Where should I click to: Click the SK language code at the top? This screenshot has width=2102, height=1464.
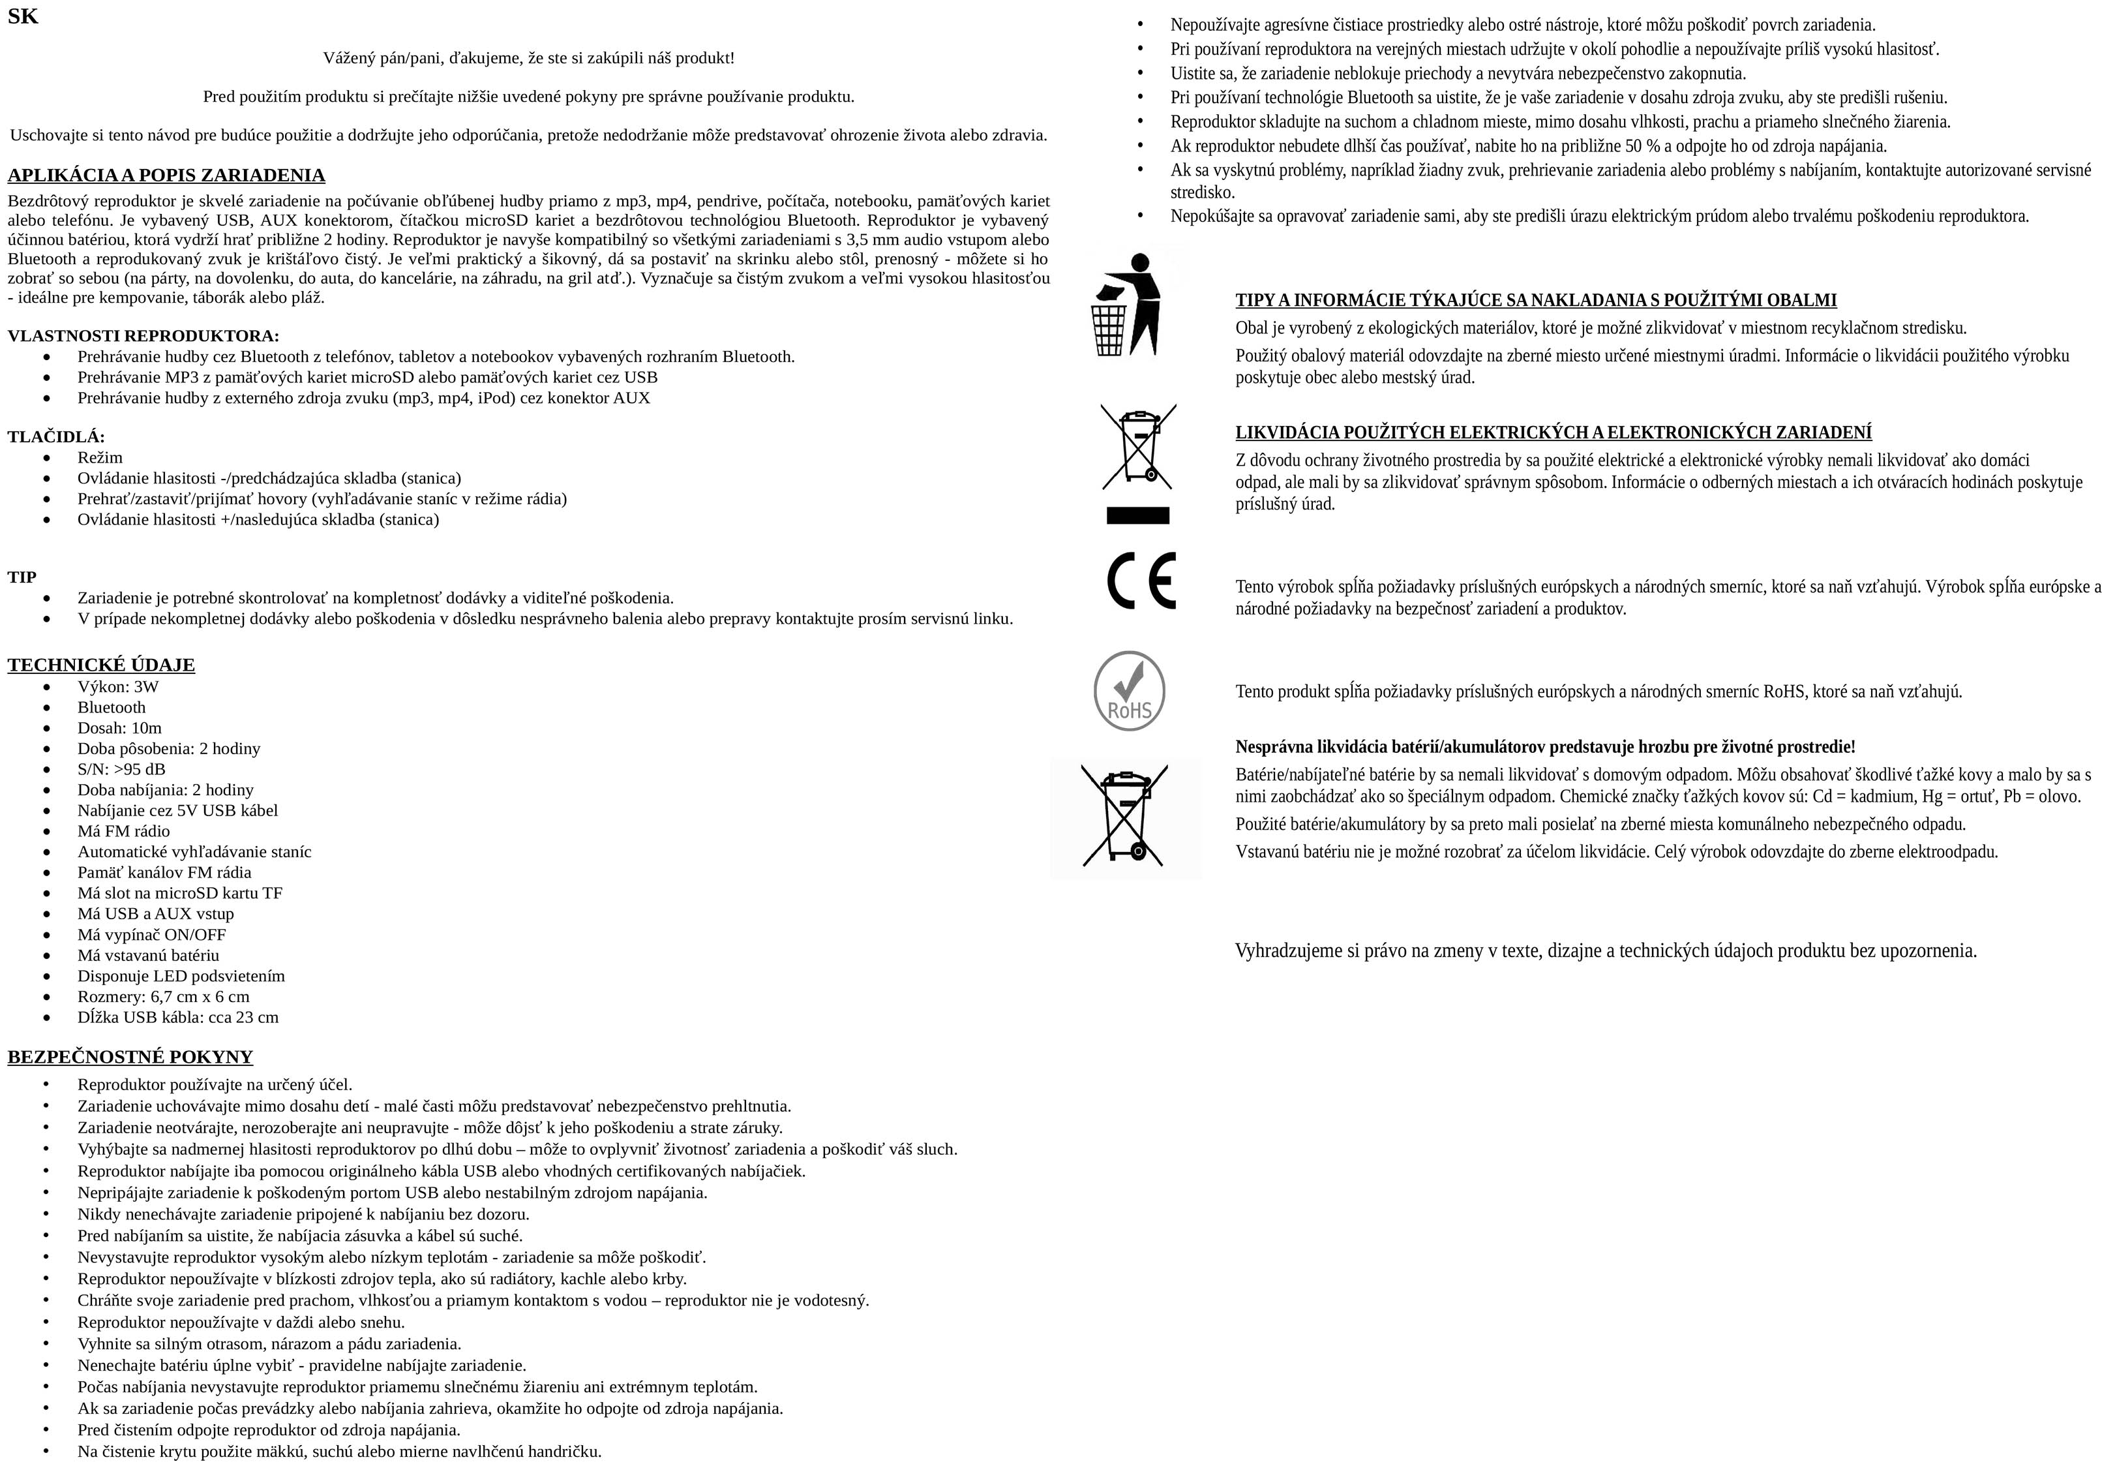(x=23, y=16)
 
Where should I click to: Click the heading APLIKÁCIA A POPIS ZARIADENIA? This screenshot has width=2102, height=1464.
(x=166, y=175)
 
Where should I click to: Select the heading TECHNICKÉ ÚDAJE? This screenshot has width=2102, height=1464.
(x=100, y=665)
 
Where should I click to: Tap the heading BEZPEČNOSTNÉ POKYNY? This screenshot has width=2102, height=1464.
(x=130, y=1056)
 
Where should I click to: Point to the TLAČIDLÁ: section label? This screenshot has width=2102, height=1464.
(x=56, y=436)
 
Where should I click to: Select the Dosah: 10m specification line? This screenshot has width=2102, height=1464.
(x=119, y=728)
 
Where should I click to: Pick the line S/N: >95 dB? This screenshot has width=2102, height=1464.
(x=121, y=769)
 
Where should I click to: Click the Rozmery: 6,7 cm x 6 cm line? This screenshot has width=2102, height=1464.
(x=163, y=996)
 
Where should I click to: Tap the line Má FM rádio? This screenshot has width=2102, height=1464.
(x=124, y=831)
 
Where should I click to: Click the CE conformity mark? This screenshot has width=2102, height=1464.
(x=1141, y=581)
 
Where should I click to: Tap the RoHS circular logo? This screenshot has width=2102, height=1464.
(x=1130, y=692)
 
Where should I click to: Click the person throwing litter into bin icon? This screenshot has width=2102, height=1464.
(x=1126, y=305)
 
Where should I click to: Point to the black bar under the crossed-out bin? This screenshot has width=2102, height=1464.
(x=1138, y=515)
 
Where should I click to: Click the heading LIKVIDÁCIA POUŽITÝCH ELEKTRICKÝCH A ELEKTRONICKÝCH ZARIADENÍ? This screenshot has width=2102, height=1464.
(x=1553, y=432)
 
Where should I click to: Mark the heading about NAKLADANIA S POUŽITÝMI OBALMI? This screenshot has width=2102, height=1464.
(x=1535, y=300)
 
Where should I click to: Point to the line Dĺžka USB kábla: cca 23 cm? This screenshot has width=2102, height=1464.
(x=177, y=1017)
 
